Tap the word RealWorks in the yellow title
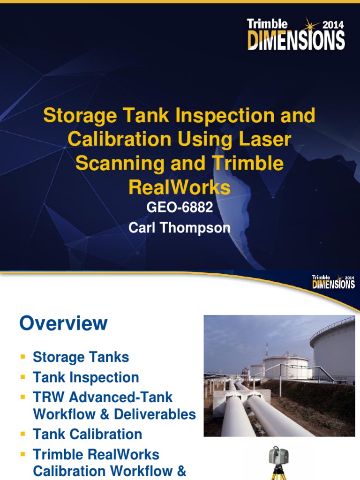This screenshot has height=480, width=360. pos(180,187)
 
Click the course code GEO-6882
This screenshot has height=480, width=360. pos(180,207)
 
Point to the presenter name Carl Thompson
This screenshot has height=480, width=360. pos(180,228)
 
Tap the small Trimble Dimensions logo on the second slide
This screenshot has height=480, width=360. pos(333,282)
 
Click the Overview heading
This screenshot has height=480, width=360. pos(63,323)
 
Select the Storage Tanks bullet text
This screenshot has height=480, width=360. pos(81,357)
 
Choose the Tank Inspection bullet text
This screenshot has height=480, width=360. pos(86,377)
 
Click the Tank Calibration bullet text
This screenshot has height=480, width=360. pos(87,434)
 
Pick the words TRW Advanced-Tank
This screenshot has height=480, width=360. pos(103,397)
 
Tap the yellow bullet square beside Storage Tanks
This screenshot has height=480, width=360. pos(22,357)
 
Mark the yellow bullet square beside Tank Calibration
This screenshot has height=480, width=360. pos(22,434)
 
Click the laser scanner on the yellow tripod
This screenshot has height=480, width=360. pos(276,457)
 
